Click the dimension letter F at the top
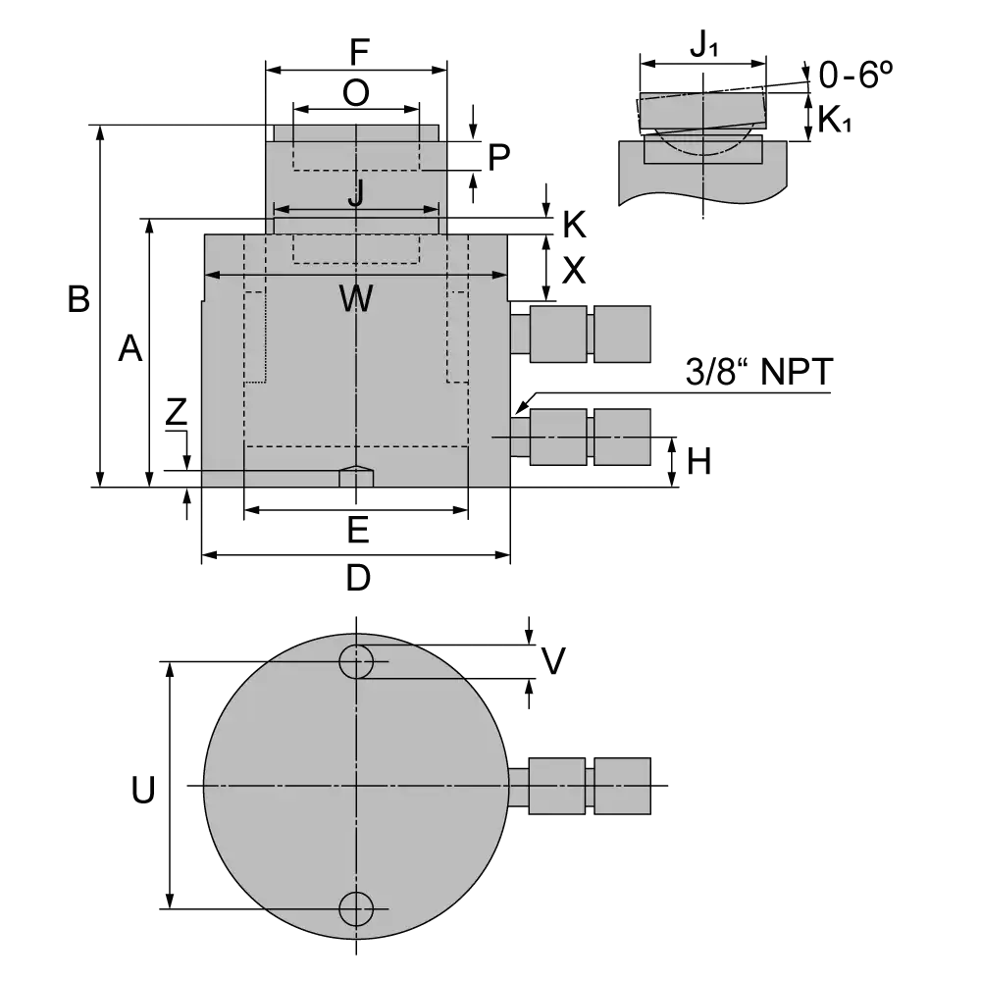point(360,52)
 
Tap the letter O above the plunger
point(356,93)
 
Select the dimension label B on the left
point(78,299)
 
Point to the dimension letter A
point(130,348)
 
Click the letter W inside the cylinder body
point(356,298)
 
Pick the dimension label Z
point(176,411)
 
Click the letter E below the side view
point(358,531)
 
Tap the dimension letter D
point(358,578)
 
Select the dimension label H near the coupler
point(698,462)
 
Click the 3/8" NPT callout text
point(759,372)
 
